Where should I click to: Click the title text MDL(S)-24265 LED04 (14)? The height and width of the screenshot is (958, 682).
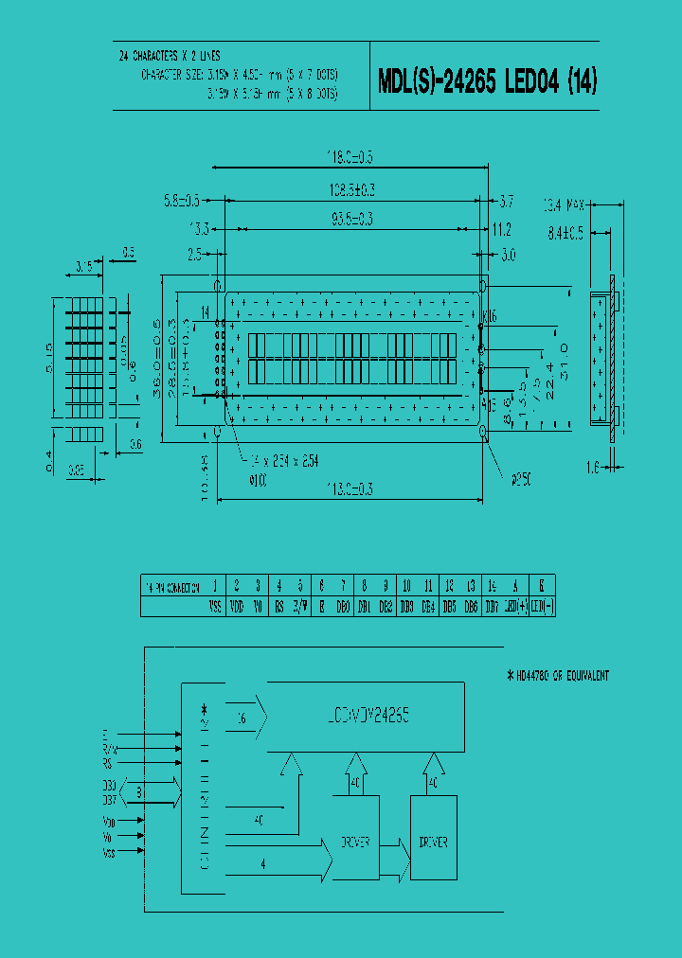487,82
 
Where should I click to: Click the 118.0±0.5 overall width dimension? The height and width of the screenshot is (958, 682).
350,157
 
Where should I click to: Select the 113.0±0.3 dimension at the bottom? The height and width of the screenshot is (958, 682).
351,488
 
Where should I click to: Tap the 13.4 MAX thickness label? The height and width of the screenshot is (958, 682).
565,204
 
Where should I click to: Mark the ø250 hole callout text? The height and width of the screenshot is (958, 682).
521,479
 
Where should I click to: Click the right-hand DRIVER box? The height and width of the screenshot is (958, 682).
433,842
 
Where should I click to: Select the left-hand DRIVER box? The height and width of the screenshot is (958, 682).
355,842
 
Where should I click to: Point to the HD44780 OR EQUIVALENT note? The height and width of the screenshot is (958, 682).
559,676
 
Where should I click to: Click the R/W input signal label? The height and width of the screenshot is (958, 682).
111,748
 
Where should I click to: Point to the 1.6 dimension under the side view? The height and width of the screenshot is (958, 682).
592,467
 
